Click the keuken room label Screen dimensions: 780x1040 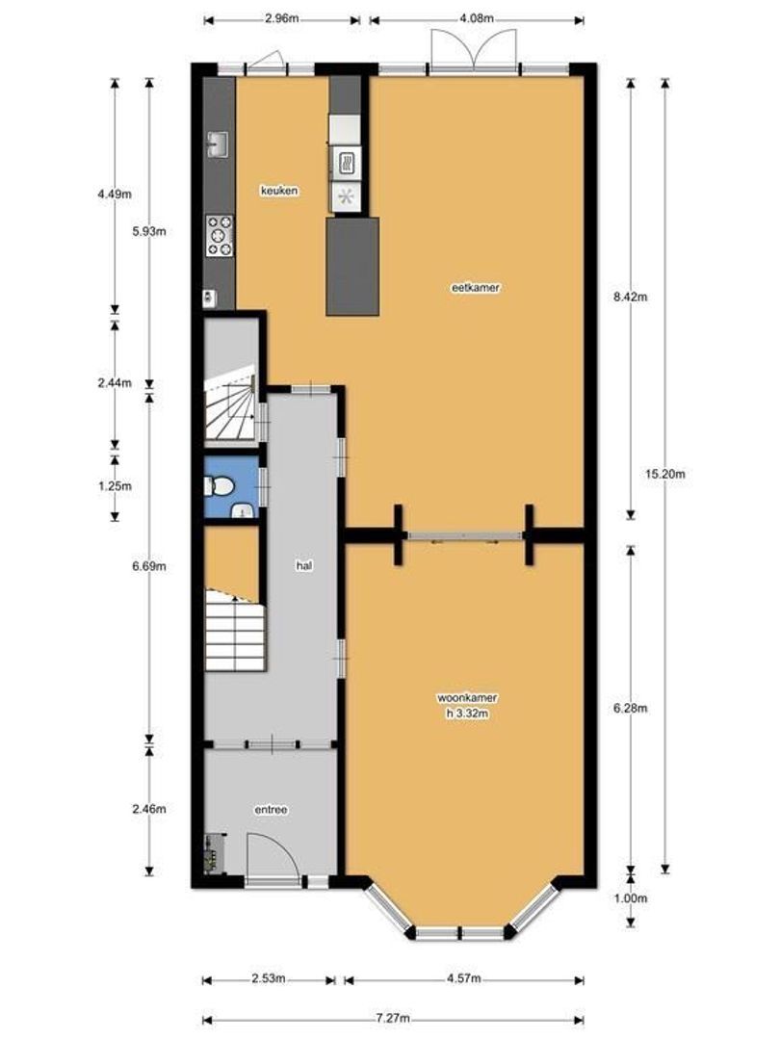(x=278, y=191)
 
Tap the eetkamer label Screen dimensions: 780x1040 (x=475, y=288)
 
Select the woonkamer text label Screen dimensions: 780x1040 (x=468, y=698)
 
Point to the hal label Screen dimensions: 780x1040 (x=304, y=566)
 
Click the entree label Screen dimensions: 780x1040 (x=272, y=810)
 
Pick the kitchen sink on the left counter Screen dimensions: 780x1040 (x=218, y=143)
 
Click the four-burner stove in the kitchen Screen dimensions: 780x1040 (x=219, y=236)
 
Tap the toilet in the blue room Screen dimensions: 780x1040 (x=219, y=488)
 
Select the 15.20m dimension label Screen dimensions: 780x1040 (x=665, y=474)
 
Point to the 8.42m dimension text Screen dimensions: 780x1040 (x=630, y=298)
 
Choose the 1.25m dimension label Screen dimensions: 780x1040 (x=115, y=485)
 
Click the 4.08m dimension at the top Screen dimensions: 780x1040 (x=477, y=18)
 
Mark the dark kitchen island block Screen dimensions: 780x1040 (x=352, y=266)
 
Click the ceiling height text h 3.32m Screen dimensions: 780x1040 (x=468, y=714)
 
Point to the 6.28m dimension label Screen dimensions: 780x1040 (x=630, y=708)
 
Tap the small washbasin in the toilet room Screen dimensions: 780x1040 (x=243, y=509)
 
